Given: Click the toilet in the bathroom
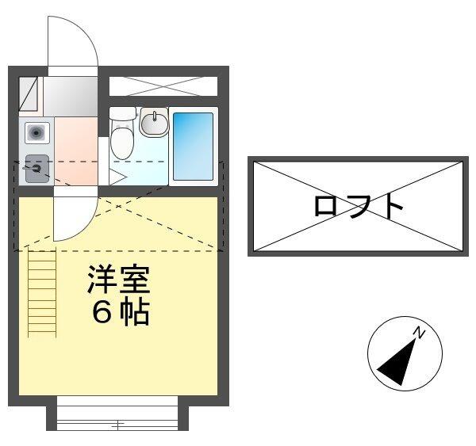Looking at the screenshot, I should [121, 140].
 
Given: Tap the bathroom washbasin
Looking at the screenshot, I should [154, 123].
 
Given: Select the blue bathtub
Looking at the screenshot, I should [193, 147].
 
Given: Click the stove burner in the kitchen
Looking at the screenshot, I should [36, 168].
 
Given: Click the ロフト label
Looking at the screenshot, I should [359, 206].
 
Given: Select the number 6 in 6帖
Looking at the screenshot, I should [102, 314].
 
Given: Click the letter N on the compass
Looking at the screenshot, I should [420, 334].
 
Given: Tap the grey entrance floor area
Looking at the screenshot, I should [70, 96].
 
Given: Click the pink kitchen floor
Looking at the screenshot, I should [75, 151].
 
